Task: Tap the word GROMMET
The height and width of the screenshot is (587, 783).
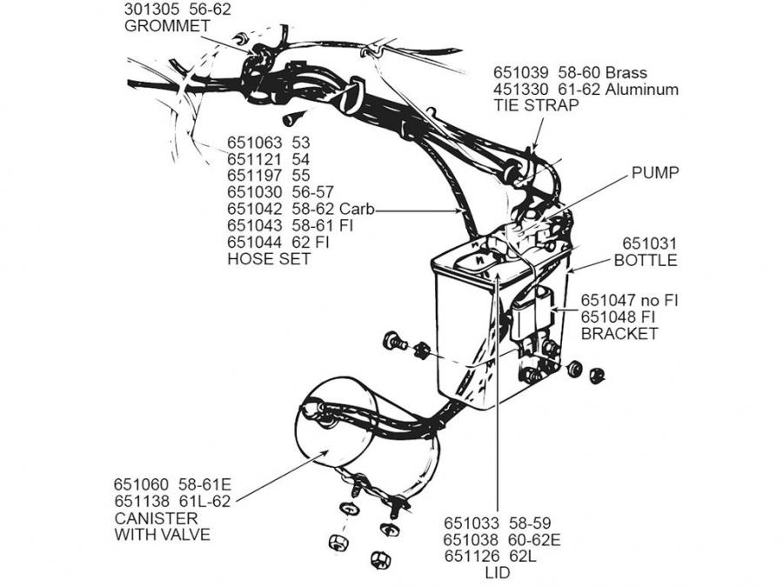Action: click(167, 26)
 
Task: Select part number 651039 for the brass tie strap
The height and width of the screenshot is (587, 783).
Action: click(524, 73)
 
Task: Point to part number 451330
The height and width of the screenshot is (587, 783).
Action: click(524, 89)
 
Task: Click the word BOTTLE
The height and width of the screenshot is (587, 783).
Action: click(646, 260)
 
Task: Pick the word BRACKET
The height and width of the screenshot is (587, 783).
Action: click(619, 334)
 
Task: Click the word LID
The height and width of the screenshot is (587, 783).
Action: click(497, 573)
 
